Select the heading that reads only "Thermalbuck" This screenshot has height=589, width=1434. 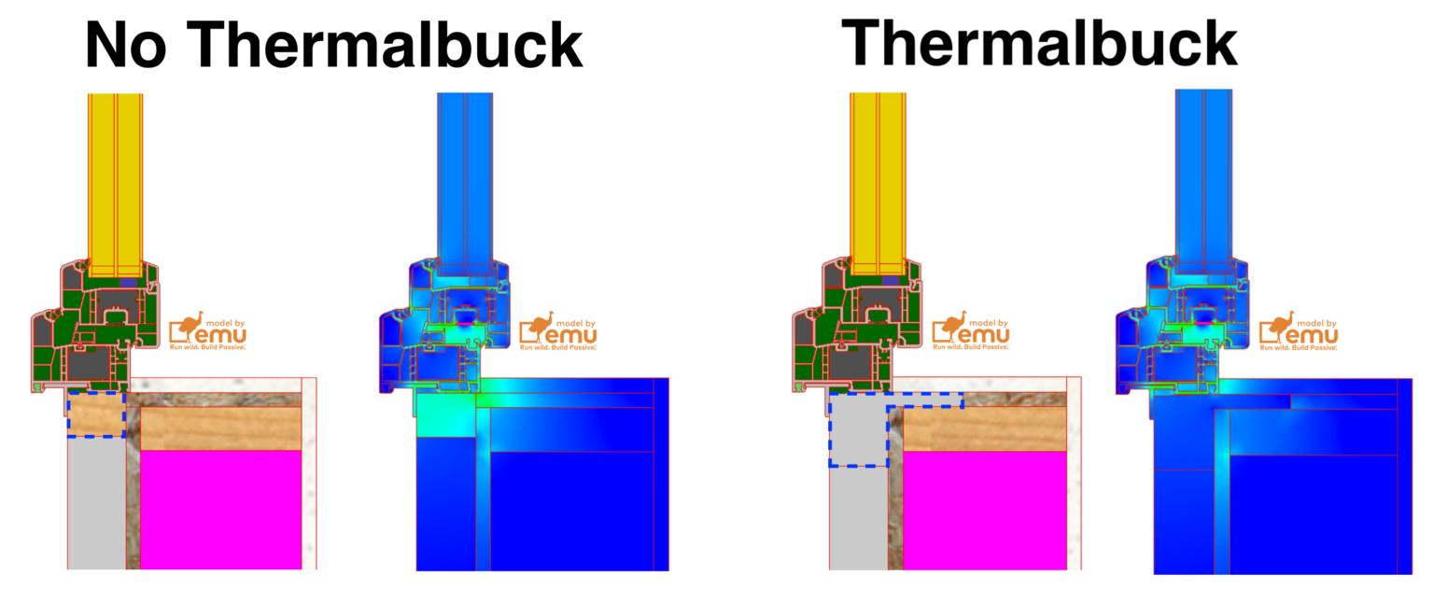point(1039,42)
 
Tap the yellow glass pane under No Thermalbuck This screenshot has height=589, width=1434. point(116,177)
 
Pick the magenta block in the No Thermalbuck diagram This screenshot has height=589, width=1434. point(220,509)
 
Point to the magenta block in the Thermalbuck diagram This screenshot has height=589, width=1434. point(984,509)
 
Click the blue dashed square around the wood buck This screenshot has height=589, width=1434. point(96,414)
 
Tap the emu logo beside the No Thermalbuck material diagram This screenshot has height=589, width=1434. point(207,331)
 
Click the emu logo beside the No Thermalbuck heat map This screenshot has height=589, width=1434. point(557,331)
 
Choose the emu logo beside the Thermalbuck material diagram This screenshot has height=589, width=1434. point(971,331)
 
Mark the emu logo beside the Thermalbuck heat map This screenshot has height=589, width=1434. point(1298,331)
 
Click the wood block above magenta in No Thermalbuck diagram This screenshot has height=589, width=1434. point(220,428)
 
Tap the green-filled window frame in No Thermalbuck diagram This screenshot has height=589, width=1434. point(93,317)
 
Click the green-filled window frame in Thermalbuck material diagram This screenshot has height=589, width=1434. point(854,317)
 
